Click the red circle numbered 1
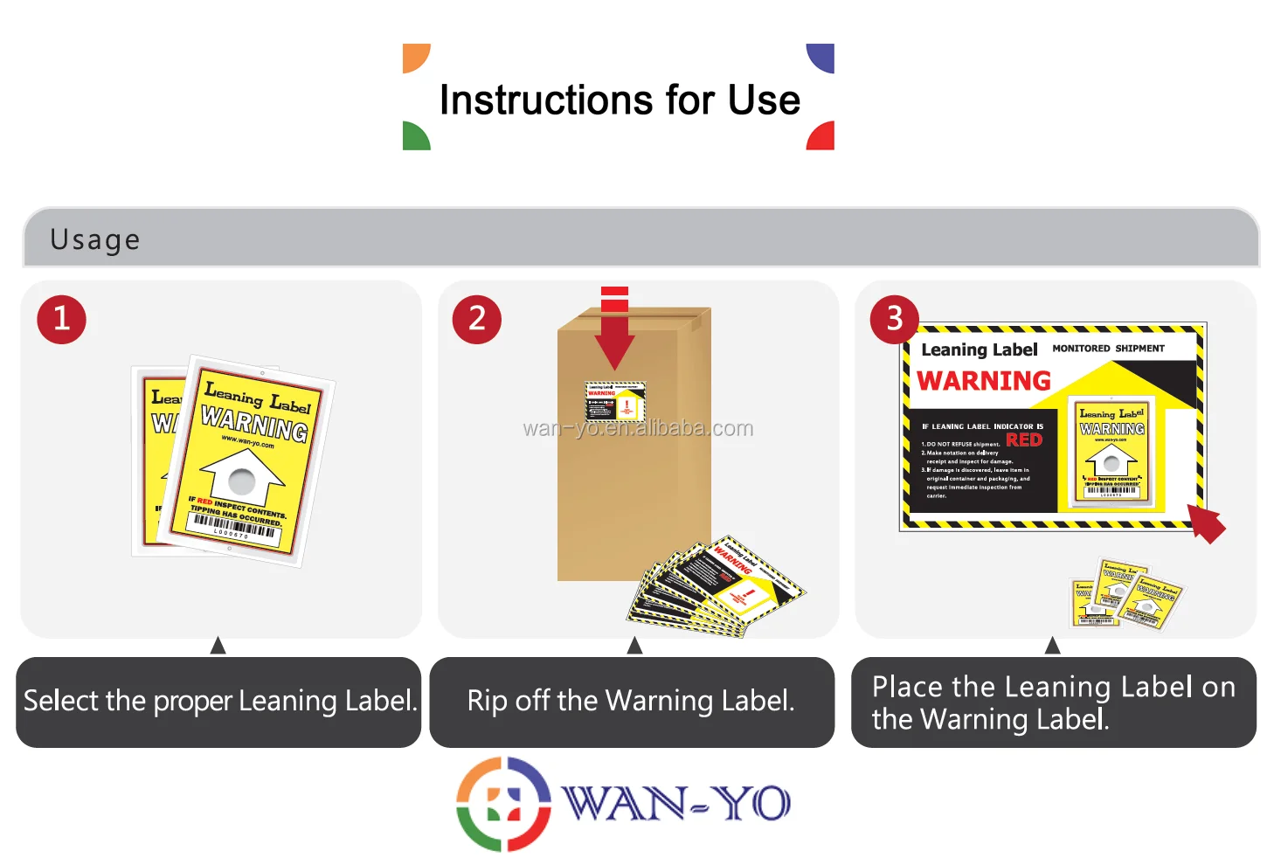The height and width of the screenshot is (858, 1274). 61,319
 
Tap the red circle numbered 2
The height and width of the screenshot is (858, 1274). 476,319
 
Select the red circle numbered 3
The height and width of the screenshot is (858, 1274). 894,319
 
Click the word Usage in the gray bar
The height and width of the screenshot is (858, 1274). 94,239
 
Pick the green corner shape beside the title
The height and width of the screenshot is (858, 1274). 414,137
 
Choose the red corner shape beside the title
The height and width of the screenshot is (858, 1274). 822,137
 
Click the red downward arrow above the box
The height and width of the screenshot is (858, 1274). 615,332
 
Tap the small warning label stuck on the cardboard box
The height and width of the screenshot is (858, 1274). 615,401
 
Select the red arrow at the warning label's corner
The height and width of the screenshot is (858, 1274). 1208,523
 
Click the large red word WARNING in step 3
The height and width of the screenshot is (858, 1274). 984,381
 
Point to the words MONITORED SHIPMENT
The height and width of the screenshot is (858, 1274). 1108,348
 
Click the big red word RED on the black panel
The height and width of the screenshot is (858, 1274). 1024,439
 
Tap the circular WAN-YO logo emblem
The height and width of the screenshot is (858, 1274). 503,804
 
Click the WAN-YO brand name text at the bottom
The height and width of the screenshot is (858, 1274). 676,803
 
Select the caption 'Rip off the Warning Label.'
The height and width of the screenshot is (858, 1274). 631,701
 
